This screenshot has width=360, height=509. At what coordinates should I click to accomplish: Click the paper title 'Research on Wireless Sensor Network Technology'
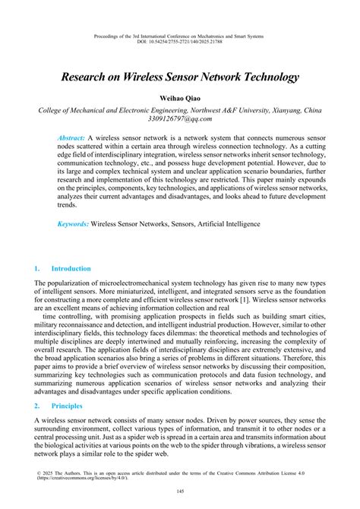click(180, 77)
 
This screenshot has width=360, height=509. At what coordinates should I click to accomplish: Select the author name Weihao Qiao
click(180, 99)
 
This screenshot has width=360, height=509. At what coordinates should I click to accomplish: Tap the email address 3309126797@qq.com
click(180, 119)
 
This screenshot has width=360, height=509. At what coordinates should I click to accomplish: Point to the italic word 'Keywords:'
click(74, 224)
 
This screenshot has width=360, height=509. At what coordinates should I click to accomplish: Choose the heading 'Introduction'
click(71, 269)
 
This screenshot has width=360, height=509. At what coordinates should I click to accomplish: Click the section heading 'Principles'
click(67, 407)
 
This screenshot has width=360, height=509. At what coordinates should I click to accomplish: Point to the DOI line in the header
click(180, 41)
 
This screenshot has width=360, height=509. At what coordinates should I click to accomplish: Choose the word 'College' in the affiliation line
click(55, 109)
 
